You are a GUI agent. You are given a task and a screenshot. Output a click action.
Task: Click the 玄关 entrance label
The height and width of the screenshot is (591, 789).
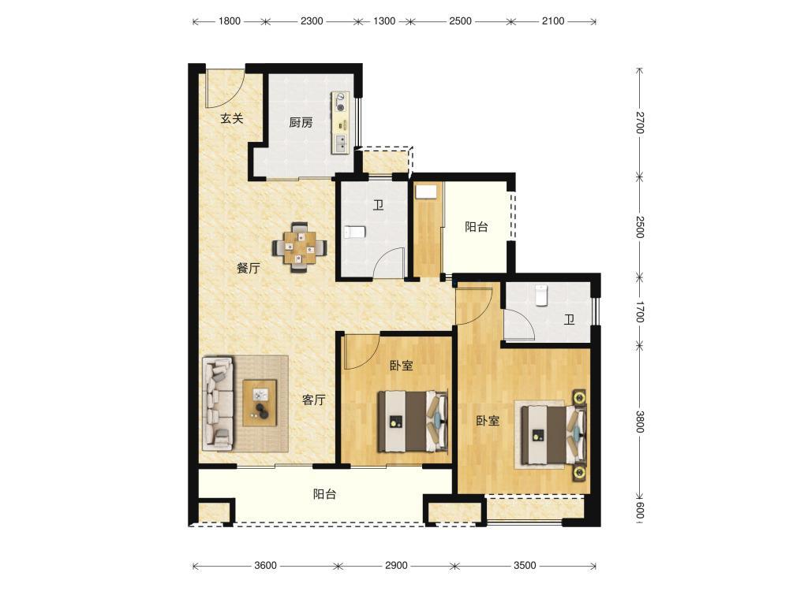pos(232,119)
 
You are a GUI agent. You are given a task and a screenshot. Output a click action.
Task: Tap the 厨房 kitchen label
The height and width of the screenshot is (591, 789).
pos(301,122)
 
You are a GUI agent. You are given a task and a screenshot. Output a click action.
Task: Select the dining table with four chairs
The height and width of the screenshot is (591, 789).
pos(300,247)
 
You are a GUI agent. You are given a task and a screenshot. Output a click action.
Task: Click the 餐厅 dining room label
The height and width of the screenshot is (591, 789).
pos(249,268)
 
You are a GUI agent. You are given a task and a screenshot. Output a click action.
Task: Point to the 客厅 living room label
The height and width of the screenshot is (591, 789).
pos(313,400)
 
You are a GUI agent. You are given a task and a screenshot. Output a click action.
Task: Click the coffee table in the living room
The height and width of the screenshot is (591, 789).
pos(260,403)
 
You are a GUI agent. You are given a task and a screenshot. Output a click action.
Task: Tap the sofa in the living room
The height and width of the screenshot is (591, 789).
pos(219,403)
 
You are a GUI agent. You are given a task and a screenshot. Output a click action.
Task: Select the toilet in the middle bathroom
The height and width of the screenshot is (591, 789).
pos(354,232)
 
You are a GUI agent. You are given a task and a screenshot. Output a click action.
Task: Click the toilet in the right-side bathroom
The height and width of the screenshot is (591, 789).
pos(541,295)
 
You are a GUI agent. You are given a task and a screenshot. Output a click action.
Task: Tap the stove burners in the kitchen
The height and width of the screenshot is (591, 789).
pos(340,102)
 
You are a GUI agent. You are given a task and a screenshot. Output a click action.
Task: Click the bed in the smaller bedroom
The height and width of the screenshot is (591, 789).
pos(413,421)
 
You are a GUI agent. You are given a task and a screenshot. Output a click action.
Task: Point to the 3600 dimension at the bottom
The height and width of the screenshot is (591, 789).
pos(265,565)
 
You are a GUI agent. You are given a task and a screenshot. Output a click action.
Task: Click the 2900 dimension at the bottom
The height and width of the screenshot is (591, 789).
pos(396,565)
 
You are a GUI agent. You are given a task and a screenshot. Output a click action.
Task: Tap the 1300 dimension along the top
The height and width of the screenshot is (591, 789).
pos(384,21)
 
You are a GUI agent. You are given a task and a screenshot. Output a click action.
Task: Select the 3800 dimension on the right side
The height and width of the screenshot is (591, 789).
pos(640,422)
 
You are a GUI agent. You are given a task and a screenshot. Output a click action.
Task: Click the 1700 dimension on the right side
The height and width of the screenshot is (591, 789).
pos(640,311)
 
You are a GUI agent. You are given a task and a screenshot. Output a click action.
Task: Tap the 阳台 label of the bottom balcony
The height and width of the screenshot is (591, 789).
pos(324,494)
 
